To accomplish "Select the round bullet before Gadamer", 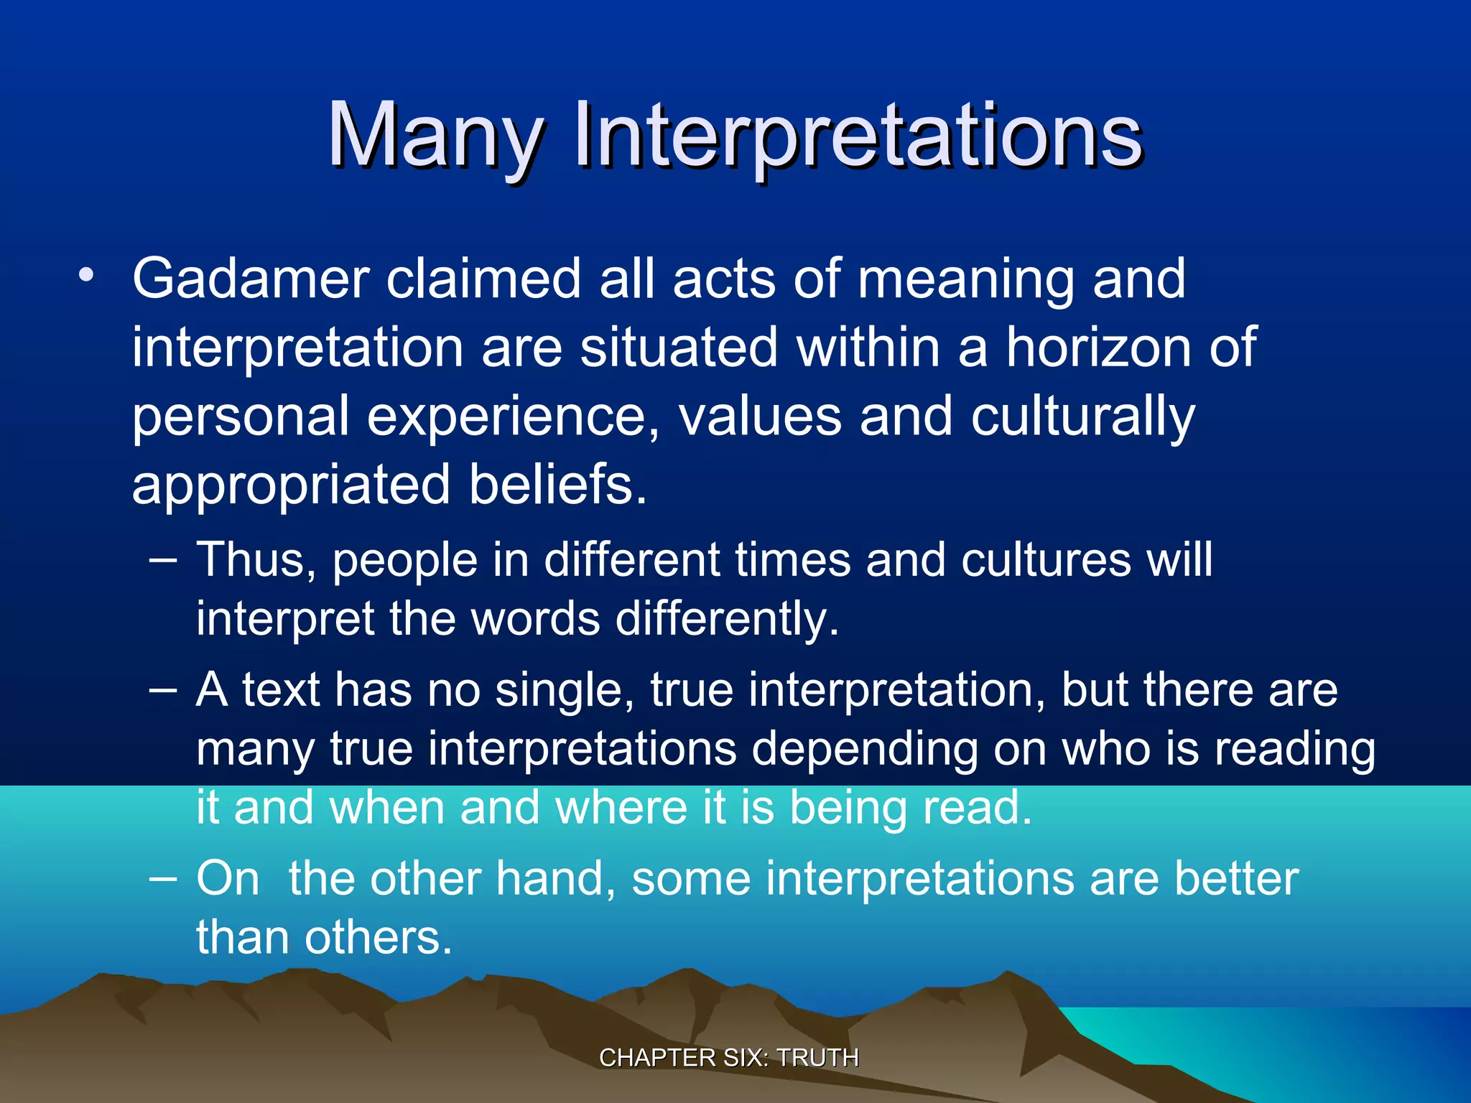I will [x=86, y=276].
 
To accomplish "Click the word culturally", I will [x=1083, y=416].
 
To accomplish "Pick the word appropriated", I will [x=291, y=485].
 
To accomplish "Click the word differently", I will [x=727, y=619].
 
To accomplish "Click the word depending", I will [x=864, y=750].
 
